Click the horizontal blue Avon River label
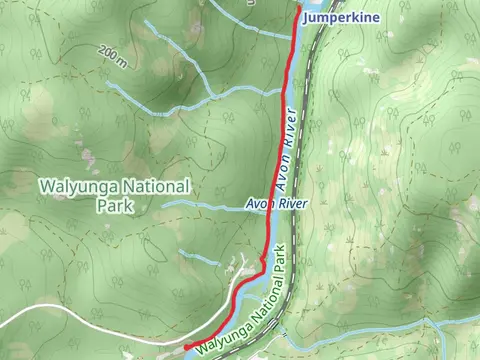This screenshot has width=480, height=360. (276, 204)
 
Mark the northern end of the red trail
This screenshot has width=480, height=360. (298, 9)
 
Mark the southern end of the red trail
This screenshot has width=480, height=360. (186, 347)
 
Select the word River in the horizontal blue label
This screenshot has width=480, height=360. (292, 204)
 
